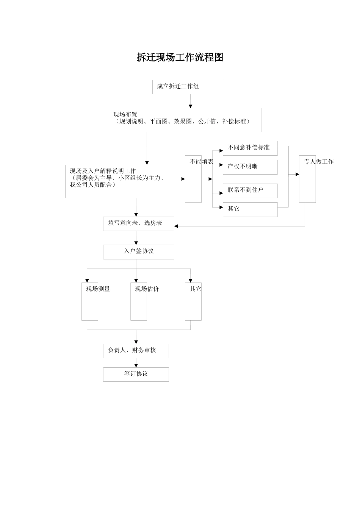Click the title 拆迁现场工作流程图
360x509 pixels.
click(x=180, y=58)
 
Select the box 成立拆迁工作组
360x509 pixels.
click(x=188, y=87)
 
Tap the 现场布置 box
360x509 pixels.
click(x=185, y=120)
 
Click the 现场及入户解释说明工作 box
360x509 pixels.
click(x=119, y=181)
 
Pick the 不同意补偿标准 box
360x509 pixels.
click(x=250, y=148)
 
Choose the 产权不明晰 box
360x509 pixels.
click(x=250, y=167)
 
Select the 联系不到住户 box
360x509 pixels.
click(x=250, y=190)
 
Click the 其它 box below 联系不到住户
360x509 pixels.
click(x=250, y=209)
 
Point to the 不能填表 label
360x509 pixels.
click(x=201, y=162)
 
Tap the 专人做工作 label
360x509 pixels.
click(x=318, y=162)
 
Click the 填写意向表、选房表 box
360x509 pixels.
click(x=138, y=223)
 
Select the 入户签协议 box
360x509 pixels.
click(x=138, y=251)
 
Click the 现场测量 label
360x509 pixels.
click(x=98, y=289)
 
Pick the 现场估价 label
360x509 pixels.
click(x=147, y=289)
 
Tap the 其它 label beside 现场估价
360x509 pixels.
click(x=195, y=289)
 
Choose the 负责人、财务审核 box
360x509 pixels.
click(x=136, y=351)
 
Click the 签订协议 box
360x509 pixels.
click(x=136, y=374)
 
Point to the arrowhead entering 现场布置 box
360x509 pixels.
click(x=191, y=106)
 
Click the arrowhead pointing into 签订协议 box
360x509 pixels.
click(x=136, y=366)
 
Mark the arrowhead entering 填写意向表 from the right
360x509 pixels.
click(x=176, y=226)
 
